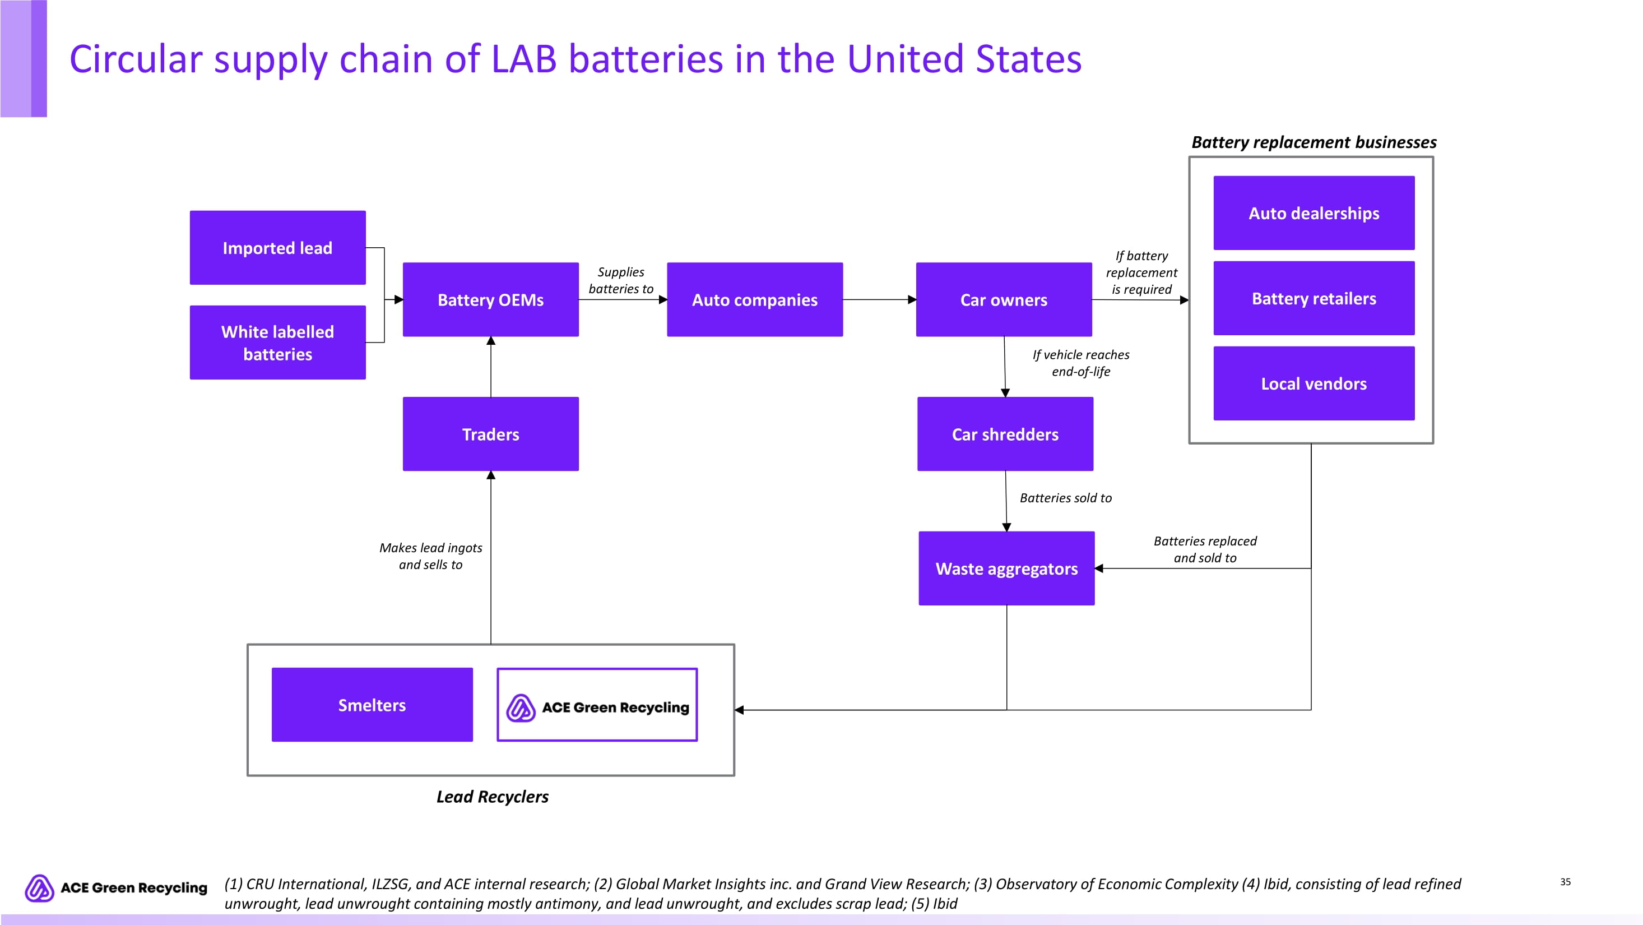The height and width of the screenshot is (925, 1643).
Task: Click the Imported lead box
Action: [x=277, y=248]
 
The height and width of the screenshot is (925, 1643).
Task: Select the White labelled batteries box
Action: [x=277, y=343]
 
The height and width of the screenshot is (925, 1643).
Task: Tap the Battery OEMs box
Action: [x=490, y=299]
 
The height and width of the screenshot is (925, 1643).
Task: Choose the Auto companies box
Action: [x=754, y=299]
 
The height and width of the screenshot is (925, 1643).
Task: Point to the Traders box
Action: [x=490, y=434]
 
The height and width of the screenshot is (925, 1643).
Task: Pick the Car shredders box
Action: [x=1005, y=434]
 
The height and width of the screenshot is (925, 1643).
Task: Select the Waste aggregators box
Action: [x=1006, y=568]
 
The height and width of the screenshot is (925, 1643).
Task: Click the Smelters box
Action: [x=372, y=704]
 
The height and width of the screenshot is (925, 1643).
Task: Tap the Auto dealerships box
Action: [x=1314, y=213]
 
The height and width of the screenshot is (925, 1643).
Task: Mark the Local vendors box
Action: [x=1314, y=383]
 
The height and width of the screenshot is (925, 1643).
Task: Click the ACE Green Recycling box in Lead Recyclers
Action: [x=597, y=705]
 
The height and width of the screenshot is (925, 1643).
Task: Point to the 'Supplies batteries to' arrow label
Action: [x=620, y=280]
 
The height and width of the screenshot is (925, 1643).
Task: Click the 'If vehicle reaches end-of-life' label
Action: [x=1080, y=363]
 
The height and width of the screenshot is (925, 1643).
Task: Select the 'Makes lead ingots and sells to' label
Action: [x=430, y=556]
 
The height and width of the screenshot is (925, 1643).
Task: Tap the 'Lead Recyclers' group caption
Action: [x=493, y=796]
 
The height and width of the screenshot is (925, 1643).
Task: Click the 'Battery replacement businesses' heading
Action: [x=1314, y=142]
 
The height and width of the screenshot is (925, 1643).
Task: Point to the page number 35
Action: [x=1565, y=882]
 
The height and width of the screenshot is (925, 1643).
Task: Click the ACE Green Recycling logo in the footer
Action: [x=116, y=887]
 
